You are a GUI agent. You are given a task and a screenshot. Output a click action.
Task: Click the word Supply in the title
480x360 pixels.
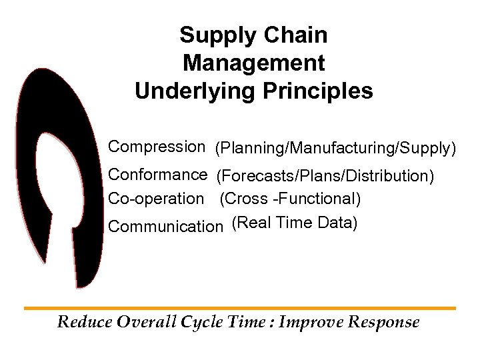coord(211,35)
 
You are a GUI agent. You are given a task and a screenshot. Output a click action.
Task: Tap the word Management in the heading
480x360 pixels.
coord(253,63)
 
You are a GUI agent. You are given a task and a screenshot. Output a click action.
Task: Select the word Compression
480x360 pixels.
coord(157,146)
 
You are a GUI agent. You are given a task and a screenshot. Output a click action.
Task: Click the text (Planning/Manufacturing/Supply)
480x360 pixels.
coord(335,149)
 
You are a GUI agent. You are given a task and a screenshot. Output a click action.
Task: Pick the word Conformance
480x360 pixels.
coord(158,175)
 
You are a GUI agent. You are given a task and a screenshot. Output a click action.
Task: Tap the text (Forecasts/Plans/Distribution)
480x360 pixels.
coord(325,177)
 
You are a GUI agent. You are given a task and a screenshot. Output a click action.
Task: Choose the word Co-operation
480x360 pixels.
coord(156,199)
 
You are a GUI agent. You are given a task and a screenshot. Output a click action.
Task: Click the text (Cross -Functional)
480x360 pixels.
coord(291,199)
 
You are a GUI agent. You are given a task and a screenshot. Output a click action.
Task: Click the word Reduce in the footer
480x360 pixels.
coord(85,323)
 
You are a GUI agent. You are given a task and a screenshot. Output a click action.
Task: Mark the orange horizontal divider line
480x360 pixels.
coord(240,308)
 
